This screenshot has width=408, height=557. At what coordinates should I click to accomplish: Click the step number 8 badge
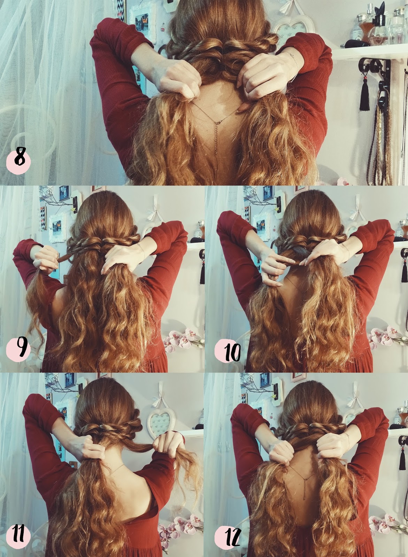[x=18, y=161]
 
